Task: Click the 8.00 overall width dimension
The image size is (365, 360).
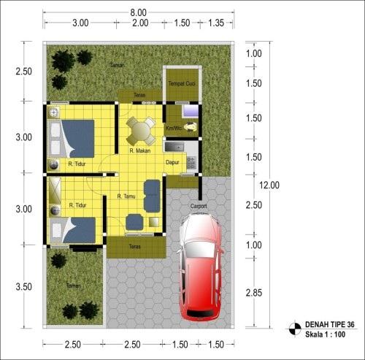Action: [x=139, y=12]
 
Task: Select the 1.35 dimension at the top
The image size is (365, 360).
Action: [x=215, y=23]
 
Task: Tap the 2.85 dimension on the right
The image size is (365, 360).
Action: [x=253, y=292]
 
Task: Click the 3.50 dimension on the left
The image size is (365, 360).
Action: [x=24, y=287]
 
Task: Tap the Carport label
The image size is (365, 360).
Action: [x=199, y=207]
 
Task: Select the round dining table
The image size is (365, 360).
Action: [x=141, y=130]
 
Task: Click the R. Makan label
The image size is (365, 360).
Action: [x=140, y=151]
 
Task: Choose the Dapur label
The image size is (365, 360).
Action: [x=173, y=162]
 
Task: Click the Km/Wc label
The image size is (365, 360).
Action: [x=173, y=129]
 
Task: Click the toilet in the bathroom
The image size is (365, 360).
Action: [x=191, y=127]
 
